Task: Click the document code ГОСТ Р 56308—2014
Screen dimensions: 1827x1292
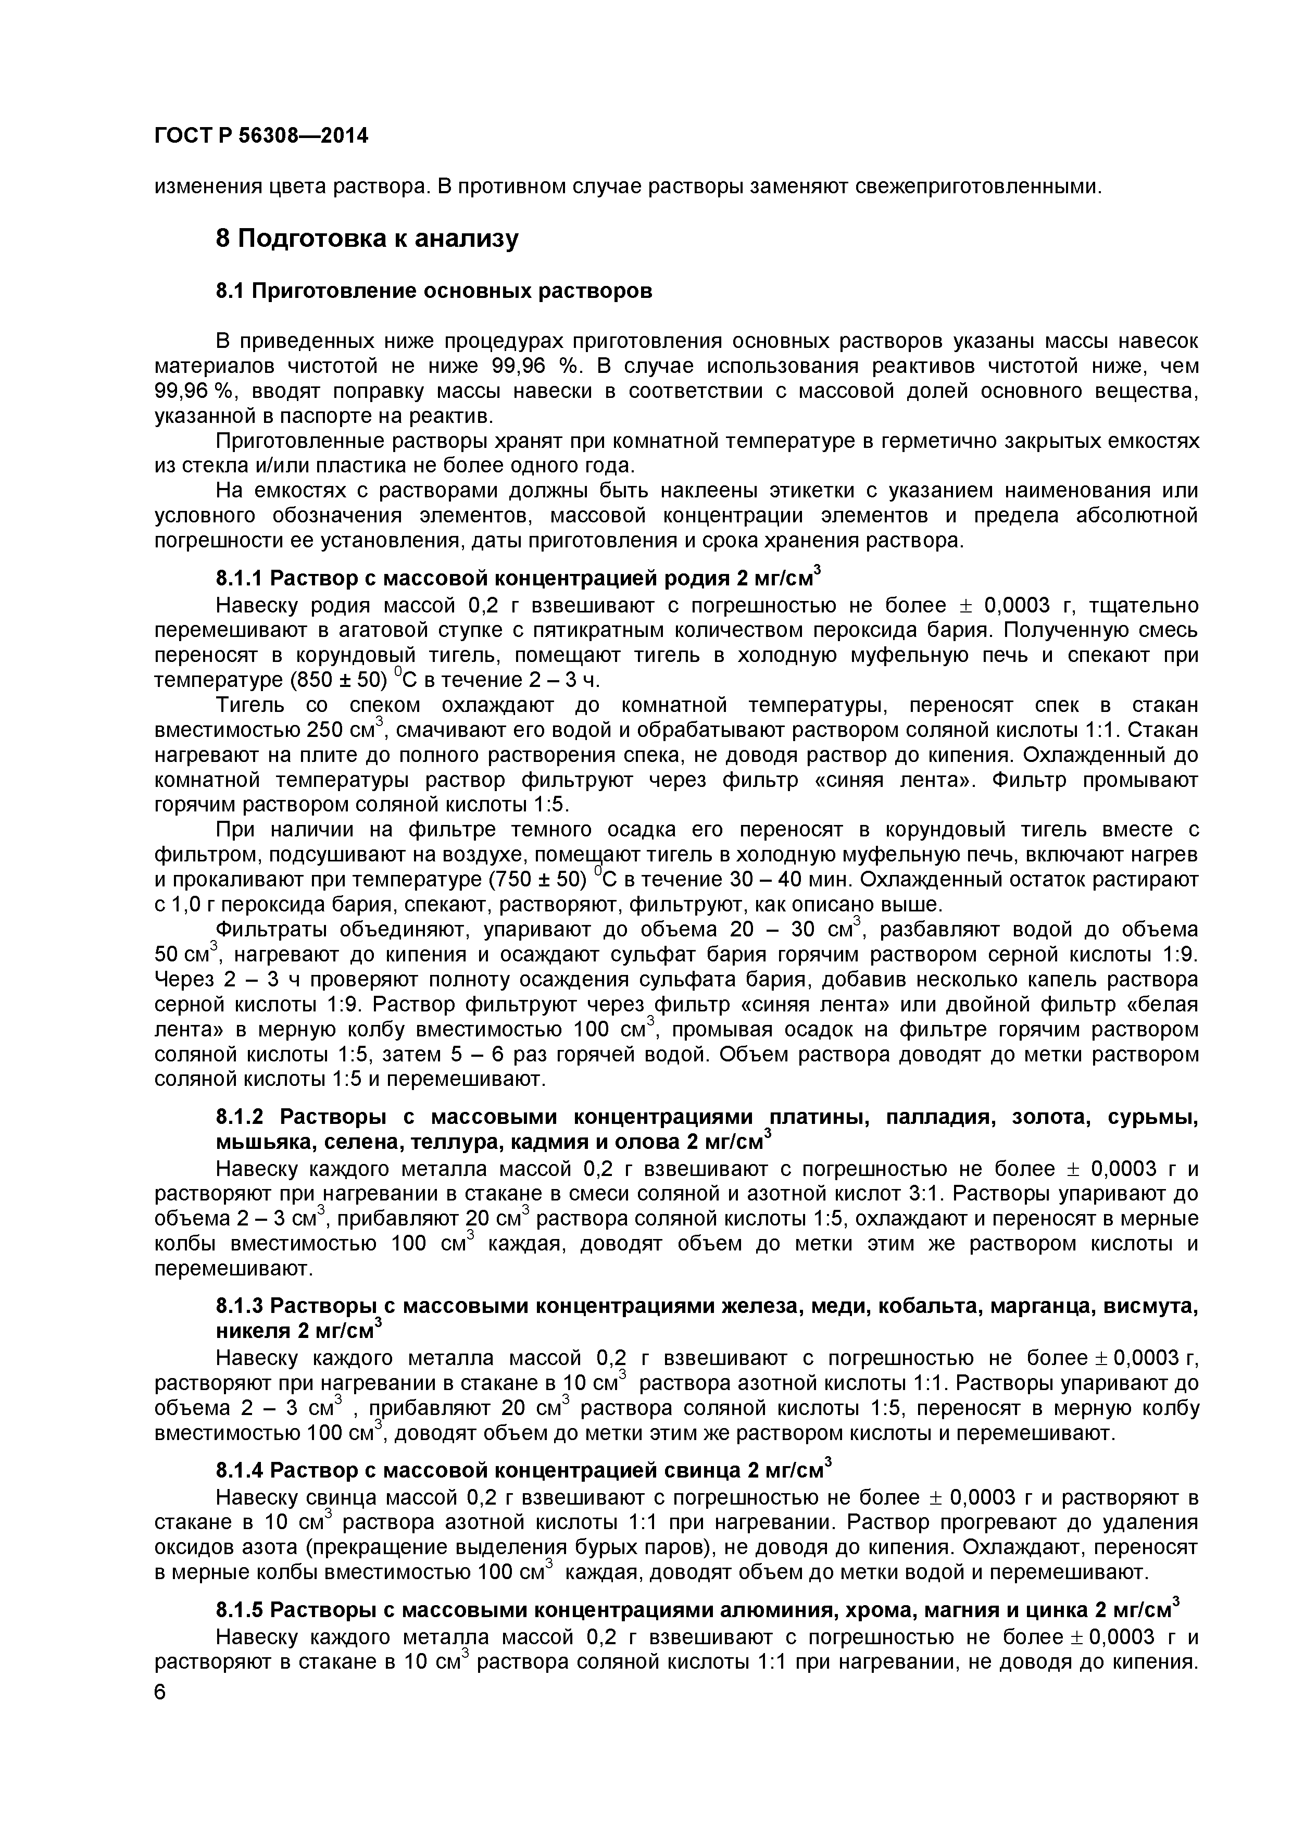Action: (x=261, y=136)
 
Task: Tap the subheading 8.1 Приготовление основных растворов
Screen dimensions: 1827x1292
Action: (x=434, y=291)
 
